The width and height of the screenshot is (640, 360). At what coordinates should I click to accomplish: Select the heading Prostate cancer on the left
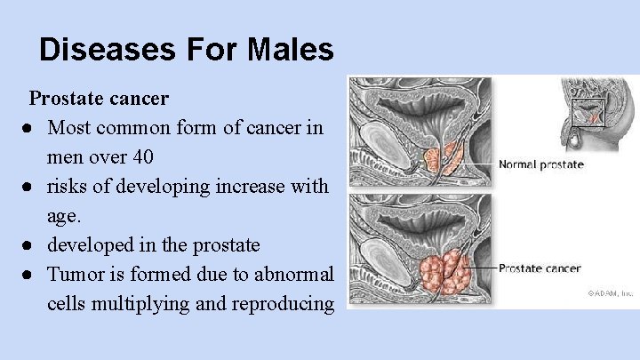99,96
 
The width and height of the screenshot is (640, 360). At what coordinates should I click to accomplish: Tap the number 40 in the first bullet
142,157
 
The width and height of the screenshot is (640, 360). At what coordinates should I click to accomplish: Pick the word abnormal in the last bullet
296,274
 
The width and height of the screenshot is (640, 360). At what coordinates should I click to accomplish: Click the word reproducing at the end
283,303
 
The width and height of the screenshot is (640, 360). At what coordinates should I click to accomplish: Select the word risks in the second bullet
68,187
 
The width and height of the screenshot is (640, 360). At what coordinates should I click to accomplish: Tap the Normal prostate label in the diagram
540,164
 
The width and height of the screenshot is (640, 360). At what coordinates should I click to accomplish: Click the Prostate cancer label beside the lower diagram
540,268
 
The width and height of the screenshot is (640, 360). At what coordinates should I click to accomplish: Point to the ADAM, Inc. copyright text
610,292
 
